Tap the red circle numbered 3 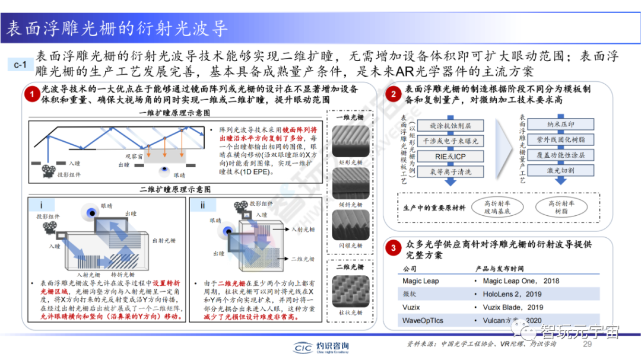(391, 249)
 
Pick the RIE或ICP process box (450, 157)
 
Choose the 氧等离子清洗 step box (450, 172)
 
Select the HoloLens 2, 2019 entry (512, 294)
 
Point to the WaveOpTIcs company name (423, 321)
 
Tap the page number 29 (588, 345)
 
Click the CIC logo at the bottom (304, 348)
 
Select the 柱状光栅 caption (348, 313)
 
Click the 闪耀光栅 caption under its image (348, 245)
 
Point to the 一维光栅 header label (348, 117)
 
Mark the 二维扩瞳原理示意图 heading (175, 189)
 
